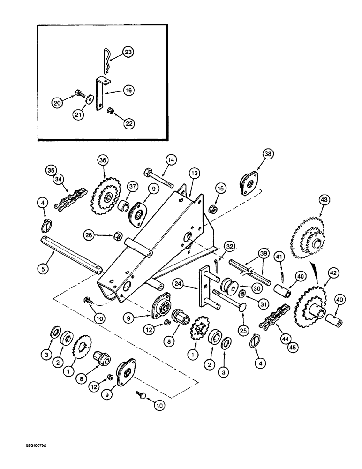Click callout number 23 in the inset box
[128, 53]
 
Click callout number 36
[103, 160]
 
